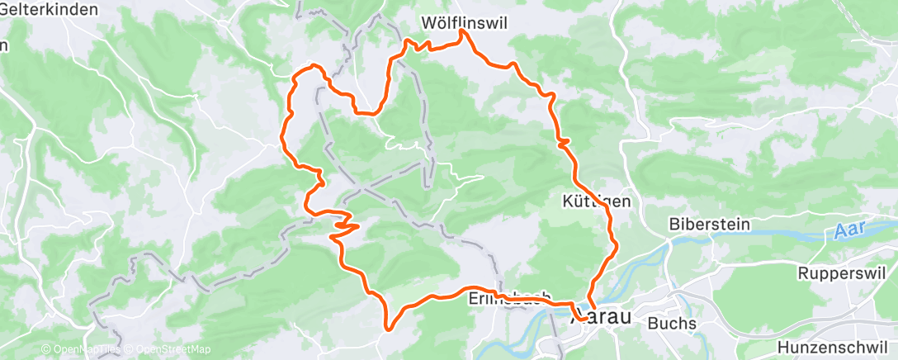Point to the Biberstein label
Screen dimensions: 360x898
(704, 224)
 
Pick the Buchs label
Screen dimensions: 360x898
(671, 322)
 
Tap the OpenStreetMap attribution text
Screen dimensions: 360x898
(168, 350)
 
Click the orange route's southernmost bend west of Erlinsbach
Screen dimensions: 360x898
(386, 327)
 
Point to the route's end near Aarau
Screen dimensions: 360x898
(581, 317)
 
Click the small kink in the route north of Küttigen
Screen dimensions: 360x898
(563, 144)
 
